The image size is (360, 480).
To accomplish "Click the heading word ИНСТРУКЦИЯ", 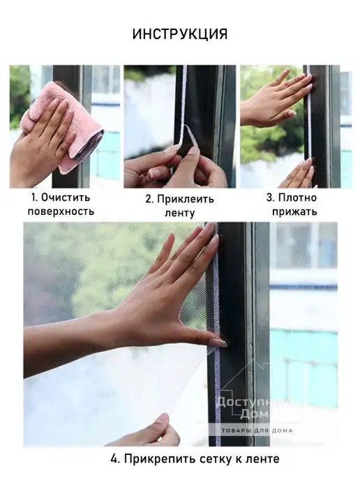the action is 180,34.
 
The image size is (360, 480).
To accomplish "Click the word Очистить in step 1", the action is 66,197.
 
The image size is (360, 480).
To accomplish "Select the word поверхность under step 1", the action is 61,211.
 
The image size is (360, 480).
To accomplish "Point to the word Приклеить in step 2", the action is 186,200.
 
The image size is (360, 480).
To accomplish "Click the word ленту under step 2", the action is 180,213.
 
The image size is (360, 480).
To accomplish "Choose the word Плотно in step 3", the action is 297,197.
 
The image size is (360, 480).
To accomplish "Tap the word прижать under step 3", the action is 294,212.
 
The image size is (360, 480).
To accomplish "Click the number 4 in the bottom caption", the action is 114,459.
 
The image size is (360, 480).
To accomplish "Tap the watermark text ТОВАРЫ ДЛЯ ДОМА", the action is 257,430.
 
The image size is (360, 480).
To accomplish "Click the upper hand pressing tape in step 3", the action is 273,98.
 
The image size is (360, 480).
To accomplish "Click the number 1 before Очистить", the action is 34,197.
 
